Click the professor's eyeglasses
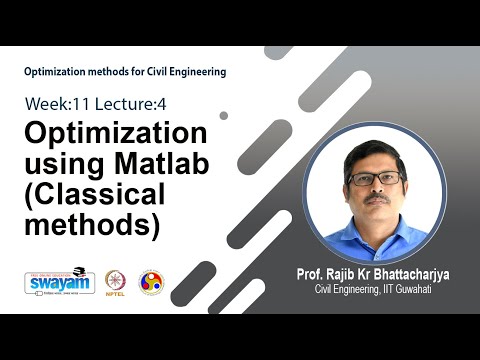(377, 179)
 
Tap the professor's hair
(375, 151)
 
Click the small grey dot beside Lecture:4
(223, 116)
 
